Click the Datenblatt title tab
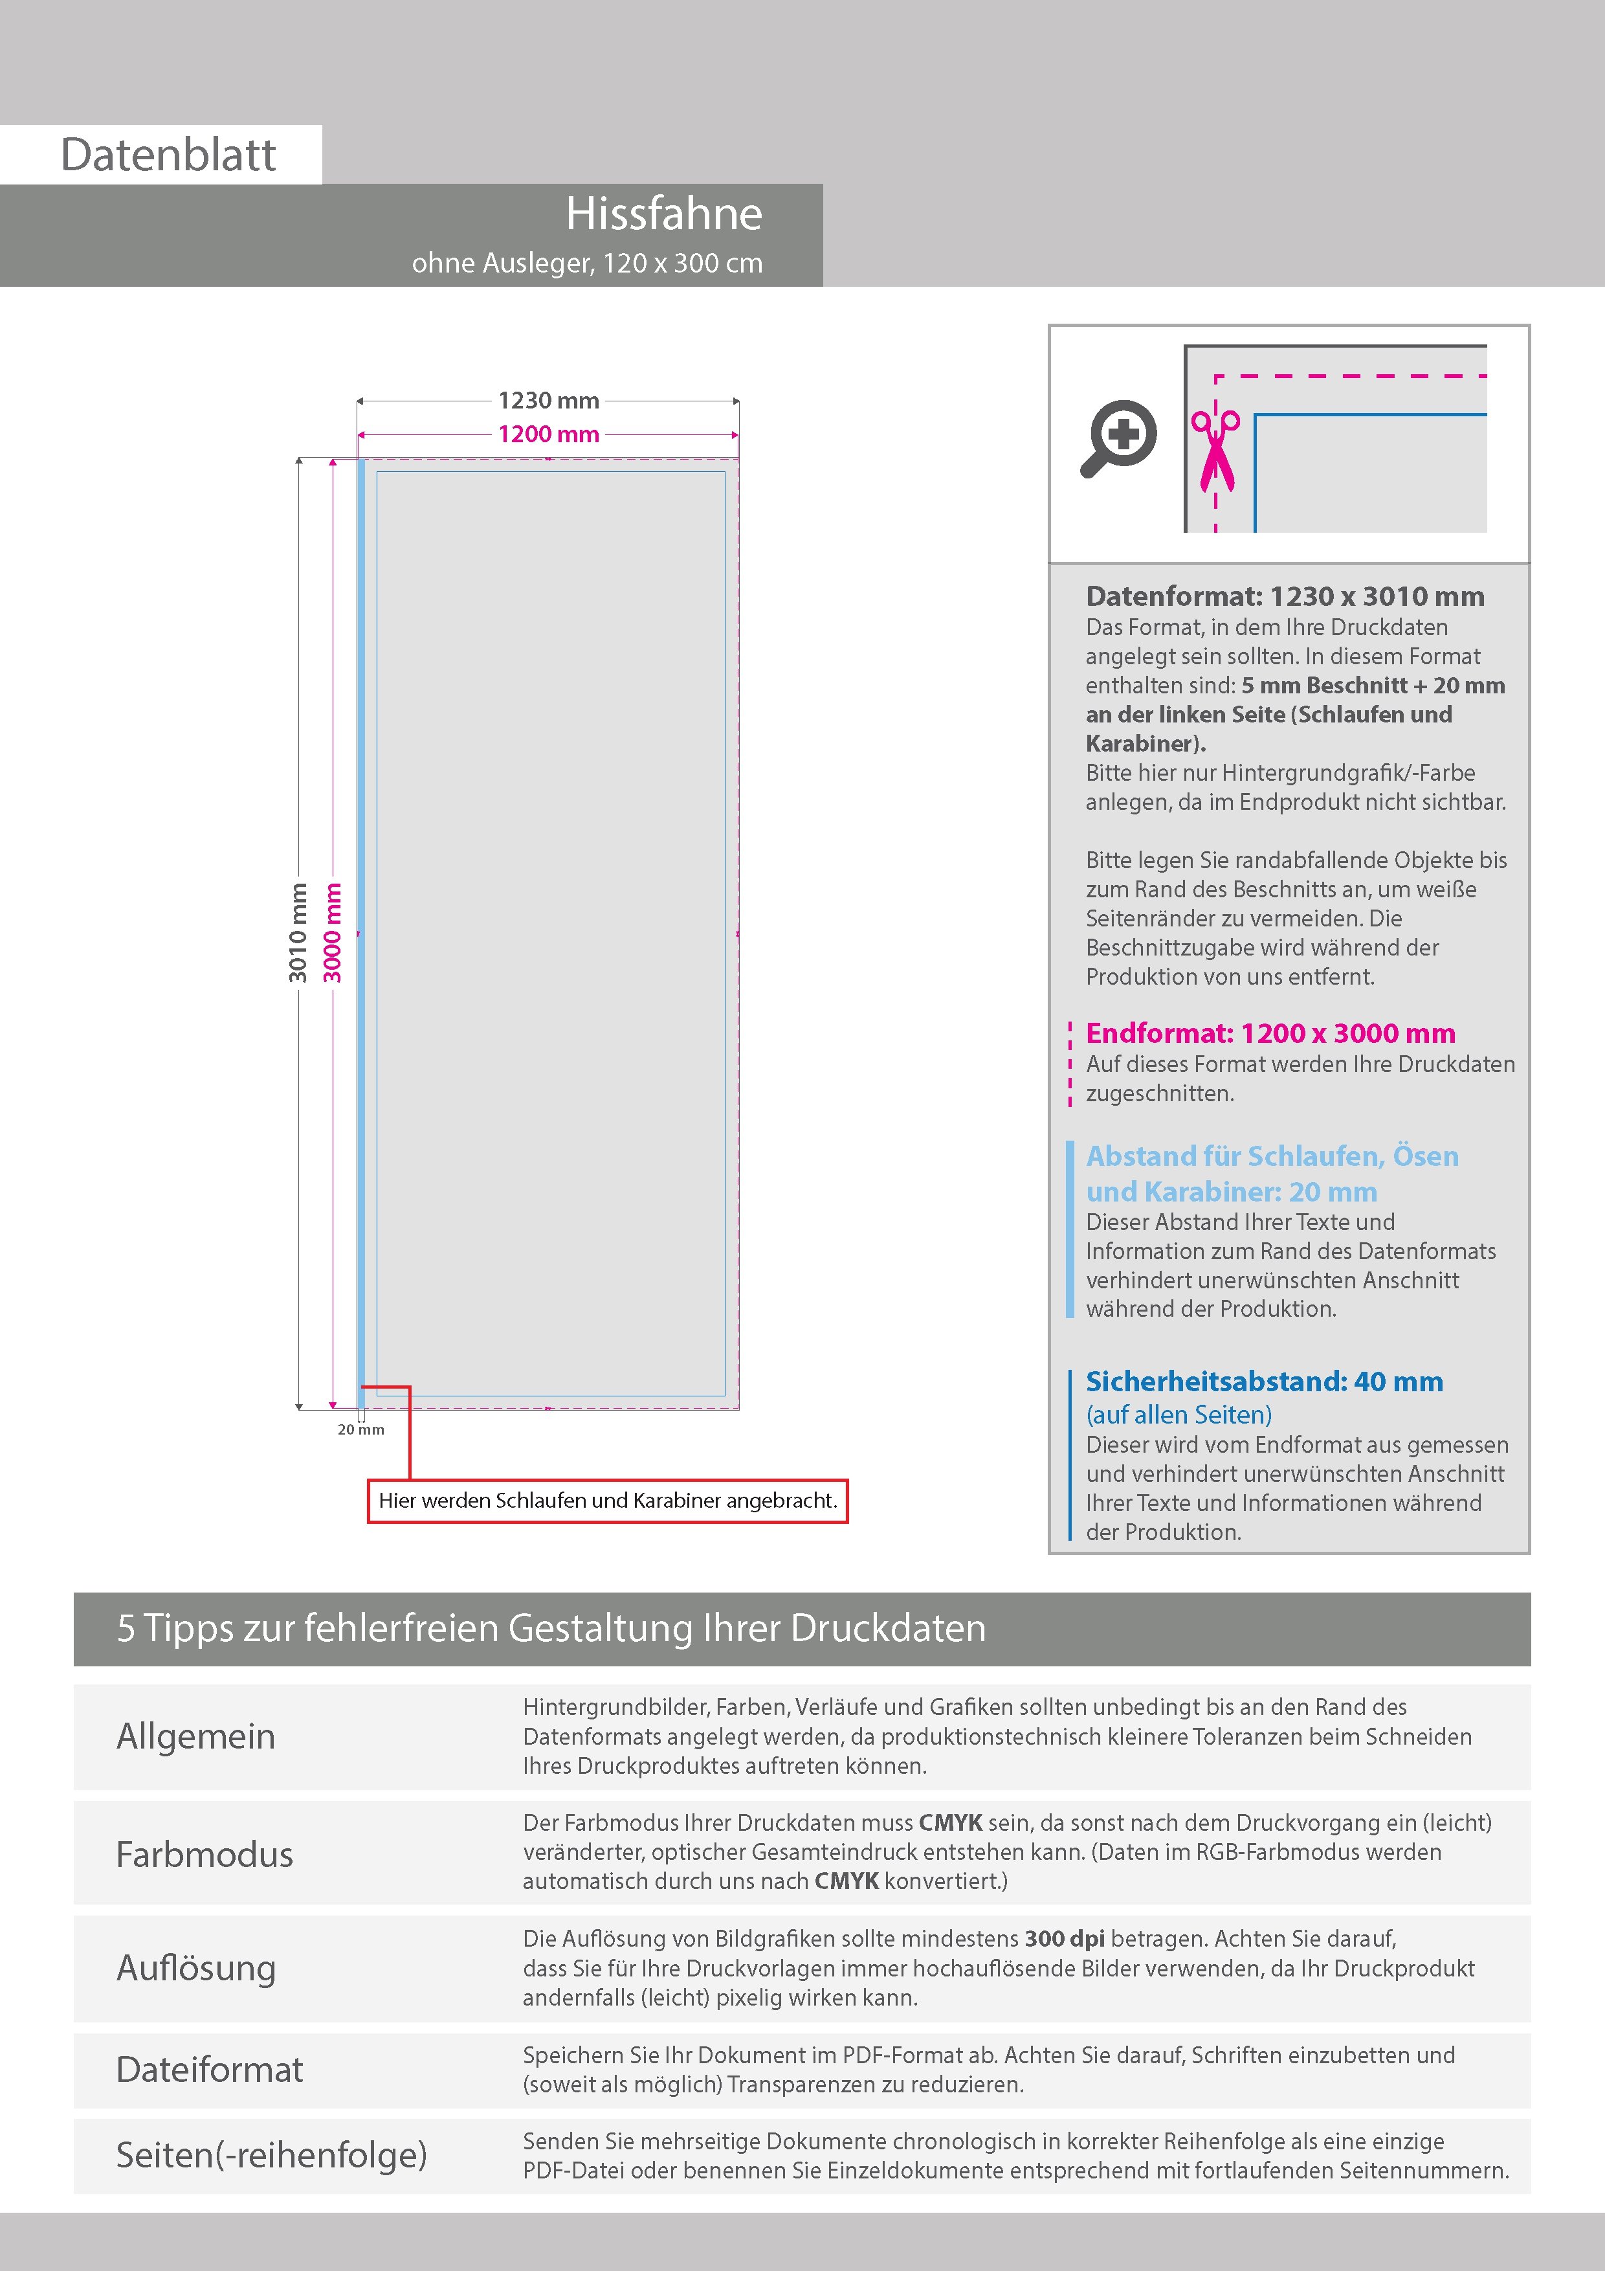coord(168,154)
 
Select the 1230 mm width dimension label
coord(548,401)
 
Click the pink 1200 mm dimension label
coord(548,434)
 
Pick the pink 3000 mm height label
coord(332,933)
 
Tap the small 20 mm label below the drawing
coord(361,1429)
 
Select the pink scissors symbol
coord(1215,450)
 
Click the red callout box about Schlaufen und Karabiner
coord(607,1501)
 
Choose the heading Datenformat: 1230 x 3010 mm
coord(1285,596)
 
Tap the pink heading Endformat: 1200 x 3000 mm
coord(1270,1034)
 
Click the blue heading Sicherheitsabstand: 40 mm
coord(1264,1382)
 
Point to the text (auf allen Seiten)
coord(1179,1415)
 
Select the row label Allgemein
coord(196,1736)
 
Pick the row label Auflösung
coord(196,1967)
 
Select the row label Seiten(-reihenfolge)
coord(271,2154)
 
